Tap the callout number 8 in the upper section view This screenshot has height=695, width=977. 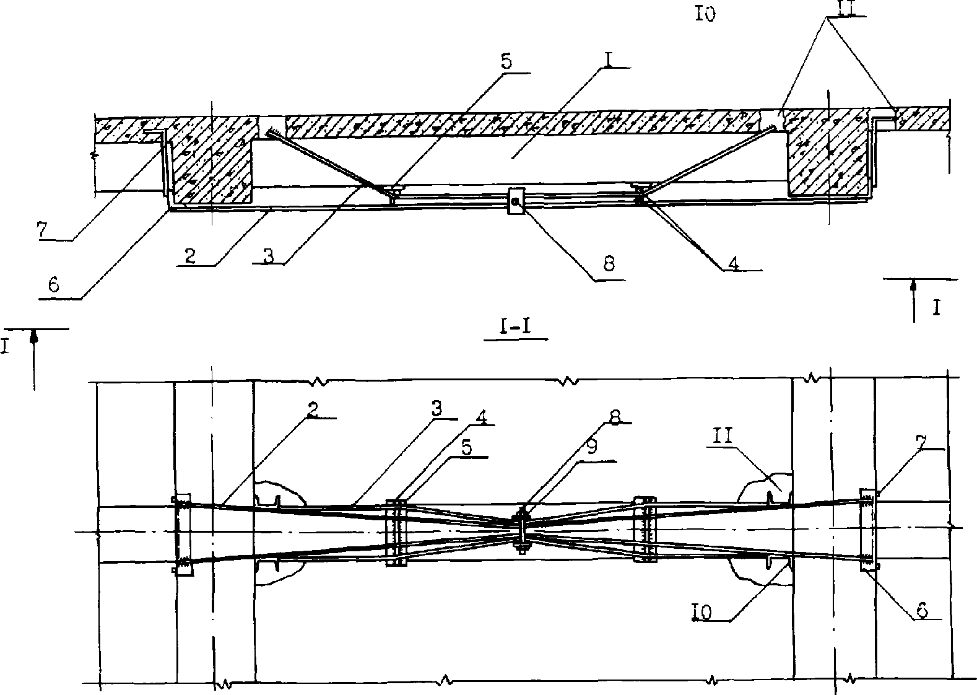(609, 264)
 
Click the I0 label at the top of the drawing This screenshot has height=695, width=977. (705, 15)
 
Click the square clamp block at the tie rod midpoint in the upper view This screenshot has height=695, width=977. (516, 201)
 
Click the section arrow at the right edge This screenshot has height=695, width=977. (914, 300)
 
